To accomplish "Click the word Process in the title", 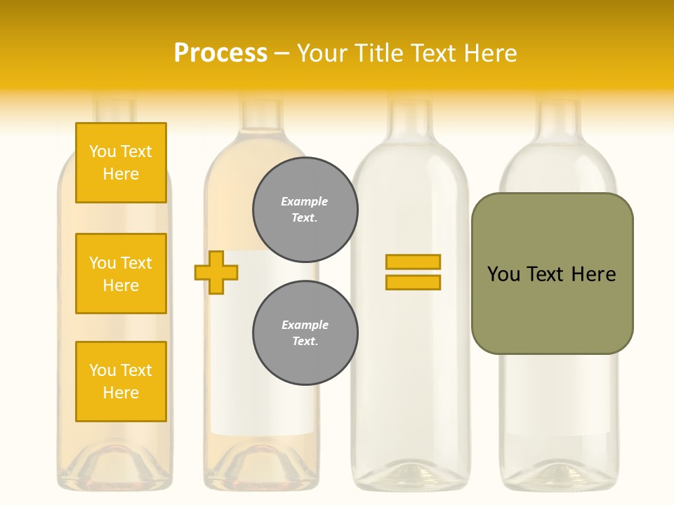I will click(x=220, y=53).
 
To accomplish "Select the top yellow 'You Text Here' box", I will click(x=121, y=163).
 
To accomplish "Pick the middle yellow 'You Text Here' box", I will click(x=121, y=274).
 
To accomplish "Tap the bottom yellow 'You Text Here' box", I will click(x=121, y=382).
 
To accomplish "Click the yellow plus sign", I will click(x=216, y=272).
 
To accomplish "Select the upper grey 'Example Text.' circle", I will click(x=305, y=210).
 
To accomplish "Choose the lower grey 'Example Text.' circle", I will click(x=305, y=333).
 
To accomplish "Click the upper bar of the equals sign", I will click(x=413, y=262).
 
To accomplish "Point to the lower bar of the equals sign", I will click(x=413, y=282).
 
